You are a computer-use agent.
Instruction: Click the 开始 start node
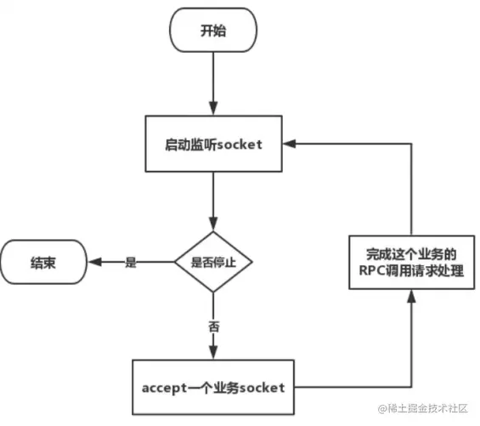212,31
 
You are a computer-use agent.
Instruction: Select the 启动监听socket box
212,144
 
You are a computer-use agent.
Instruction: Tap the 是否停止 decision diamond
212,263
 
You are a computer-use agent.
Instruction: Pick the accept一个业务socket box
212,387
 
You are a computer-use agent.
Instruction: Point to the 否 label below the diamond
212,327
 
